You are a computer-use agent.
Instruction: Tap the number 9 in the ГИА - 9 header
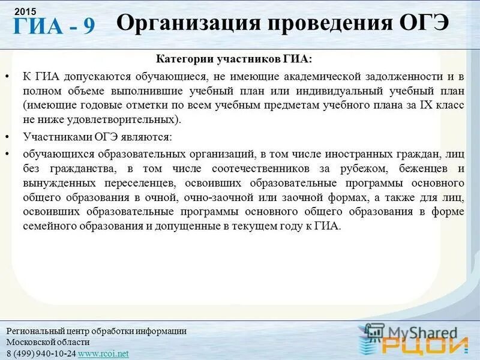(x=88, y=26)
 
